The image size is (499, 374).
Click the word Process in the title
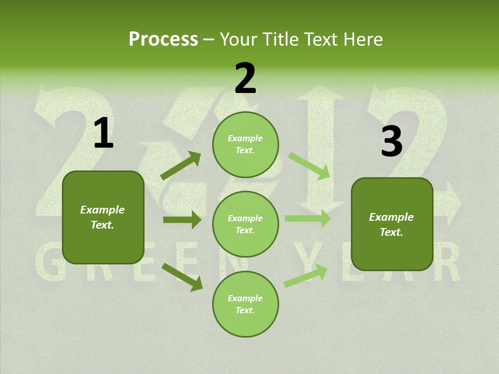coord(163,39)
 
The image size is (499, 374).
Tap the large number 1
coord(103,134)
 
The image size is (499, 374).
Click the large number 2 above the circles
coord(245,79)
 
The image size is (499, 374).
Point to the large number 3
coord(391,141)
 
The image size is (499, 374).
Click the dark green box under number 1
coord(103,217)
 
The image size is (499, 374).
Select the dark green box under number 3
coord(392,224)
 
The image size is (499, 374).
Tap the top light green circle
coord(245,144)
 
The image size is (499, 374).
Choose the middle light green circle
coord(245,224)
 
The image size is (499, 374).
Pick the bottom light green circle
coord(245,304)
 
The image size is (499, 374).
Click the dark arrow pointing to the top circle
coord(180,166)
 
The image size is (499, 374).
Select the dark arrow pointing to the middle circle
coord(182,220)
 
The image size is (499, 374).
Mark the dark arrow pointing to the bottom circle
coord(182,277)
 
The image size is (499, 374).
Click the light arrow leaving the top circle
coord(309,166)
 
